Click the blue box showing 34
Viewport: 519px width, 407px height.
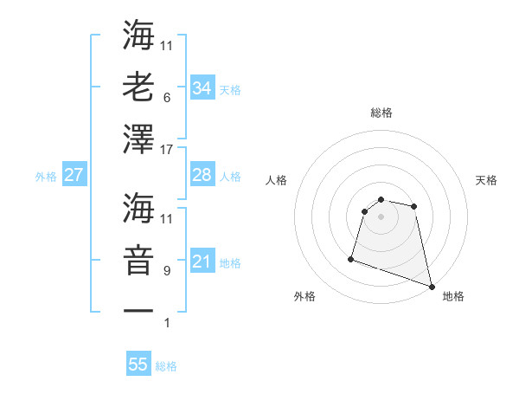pos(202,88)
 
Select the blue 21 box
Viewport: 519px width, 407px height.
pos(202,262)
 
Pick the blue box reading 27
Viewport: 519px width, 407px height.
pos(74,175)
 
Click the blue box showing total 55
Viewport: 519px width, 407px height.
pos(138,365)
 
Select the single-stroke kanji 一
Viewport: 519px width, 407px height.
pos(138,309)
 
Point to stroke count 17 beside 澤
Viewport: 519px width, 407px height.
pos(168,150)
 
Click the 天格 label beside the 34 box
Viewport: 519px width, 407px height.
pos(230,89)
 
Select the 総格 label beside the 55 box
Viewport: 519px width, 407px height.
pos(166,365)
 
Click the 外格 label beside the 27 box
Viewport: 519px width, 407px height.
pos(46,176)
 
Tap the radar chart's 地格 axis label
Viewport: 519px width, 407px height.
pos(453,296)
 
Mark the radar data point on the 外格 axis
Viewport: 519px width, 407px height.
pos(351,258)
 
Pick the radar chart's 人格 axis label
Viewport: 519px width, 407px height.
pos(277,180)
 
